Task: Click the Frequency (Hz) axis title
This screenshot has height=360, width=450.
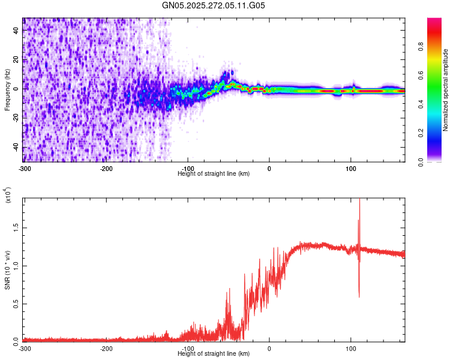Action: tap(7, 90)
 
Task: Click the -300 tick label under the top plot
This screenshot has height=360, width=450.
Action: tap(25, 167)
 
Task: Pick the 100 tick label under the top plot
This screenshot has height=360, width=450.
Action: tap(351, 167)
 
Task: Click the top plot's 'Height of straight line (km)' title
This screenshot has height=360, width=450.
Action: tap(214, 173)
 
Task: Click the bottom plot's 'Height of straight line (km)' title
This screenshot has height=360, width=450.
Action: tap(214, 353)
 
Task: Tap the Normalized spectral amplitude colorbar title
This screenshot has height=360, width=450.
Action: tap(446, 90)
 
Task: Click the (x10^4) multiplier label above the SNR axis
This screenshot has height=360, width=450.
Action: tap(8, 195)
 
